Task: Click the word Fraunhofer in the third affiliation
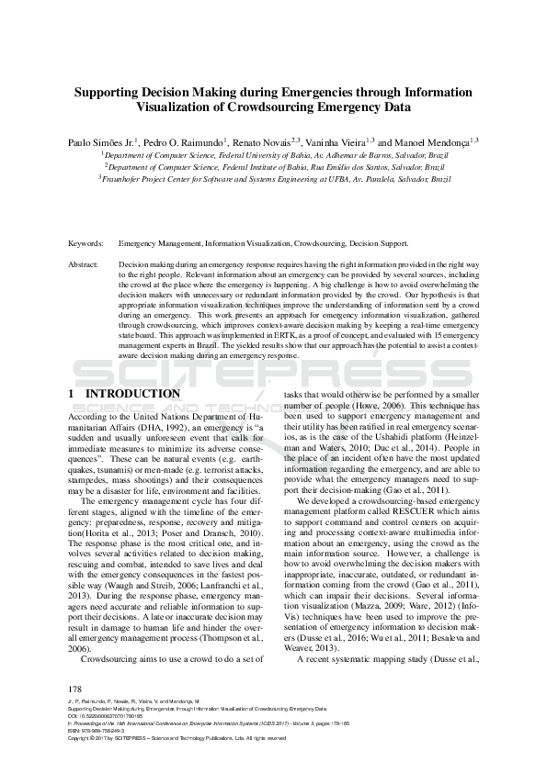(x=132, y=181)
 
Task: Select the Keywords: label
(x=87, y=243)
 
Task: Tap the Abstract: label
(x=85, y=263)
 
